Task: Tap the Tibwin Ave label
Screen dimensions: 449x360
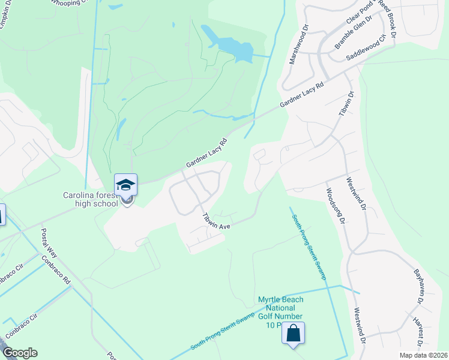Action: (217, 220)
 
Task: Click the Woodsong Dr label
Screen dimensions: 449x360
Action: (334, 206)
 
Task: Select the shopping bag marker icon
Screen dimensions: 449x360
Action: (294, 334)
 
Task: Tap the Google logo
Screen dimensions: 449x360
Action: (19, 353)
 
